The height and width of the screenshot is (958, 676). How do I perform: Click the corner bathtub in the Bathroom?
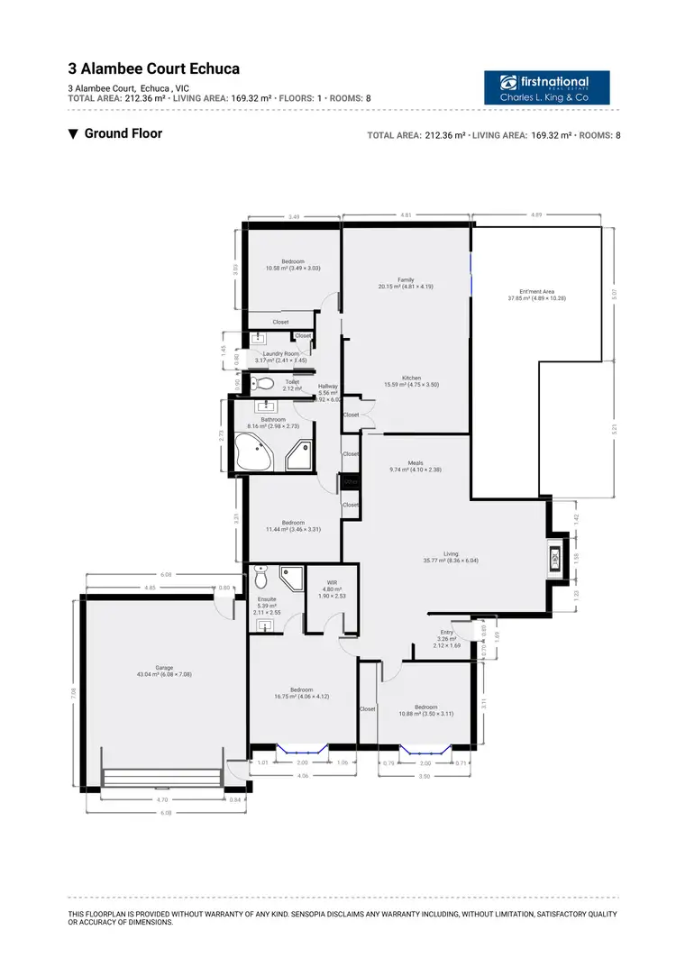[253, 450]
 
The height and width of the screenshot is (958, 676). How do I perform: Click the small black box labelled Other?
[351, 482]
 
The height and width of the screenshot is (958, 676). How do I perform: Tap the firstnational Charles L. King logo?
[546, 87]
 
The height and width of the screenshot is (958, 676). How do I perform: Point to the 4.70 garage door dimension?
[160, 799]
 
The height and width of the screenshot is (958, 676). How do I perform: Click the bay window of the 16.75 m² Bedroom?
[302, 748]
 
